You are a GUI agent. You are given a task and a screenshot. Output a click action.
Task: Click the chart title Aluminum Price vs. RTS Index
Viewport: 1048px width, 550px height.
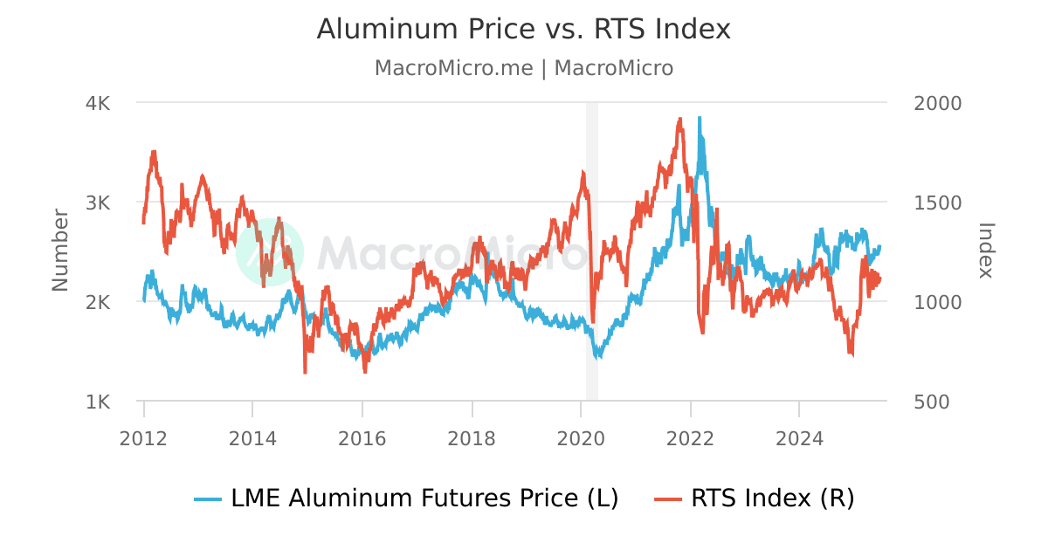tap(523, 29)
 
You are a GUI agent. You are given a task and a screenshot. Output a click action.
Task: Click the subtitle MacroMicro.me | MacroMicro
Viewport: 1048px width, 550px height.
tap(523, 68)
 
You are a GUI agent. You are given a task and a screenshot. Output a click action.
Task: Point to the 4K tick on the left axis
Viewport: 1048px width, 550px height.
tap(97, 103)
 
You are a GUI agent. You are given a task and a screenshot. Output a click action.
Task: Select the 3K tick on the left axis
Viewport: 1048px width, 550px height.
tap(97, 203)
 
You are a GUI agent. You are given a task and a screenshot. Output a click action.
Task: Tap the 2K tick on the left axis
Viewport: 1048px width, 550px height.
tap(97, 302)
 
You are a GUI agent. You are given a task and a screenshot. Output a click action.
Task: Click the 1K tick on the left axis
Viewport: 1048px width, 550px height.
tap(97, 402)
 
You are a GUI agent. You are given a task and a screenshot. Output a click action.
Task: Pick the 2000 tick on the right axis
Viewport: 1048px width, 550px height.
tap(937, 103)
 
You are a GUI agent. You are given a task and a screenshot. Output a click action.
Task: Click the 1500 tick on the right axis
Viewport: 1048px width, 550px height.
tap(937, 203)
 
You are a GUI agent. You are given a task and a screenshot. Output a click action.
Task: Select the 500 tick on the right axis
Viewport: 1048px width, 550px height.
tap(931, 402)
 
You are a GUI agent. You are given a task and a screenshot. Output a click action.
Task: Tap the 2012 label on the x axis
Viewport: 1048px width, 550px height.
tap(143, 438)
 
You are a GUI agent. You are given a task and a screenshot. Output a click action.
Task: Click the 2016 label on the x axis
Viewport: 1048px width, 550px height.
tap(362, 438)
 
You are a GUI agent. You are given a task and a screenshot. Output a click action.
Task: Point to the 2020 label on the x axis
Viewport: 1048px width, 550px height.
tap(581, 438)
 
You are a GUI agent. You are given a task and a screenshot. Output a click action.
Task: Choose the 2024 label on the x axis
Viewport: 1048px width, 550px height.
tap(799, 438)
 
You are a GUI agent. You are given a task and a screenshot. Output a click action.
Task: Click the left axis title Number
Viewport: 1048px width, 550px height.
tap(60, 251)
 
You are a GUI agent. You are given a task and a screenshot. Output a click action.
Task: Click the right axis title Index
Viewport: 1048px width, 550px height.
tap(986, 251)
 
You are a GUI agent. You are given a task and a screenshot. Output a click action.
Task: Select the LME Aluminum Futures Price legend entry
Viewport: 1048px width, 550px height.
tap(407, 498)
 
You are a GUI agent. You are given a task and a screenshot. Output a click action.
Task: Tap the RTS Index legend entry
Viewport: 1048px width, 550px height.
tap(755, 498)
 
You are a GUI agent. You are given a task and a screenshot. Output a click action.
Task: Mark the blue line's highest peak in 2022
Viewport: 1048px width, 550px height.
tap(699, 118)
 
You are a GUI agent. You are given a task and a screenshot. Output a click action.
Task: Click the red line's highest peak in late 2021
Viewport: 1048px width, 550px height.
tap(679, 119)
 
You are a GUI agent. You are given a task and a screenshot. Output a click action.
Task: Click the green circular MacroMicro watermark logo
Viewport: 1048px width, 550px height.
tap(270, 251)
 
